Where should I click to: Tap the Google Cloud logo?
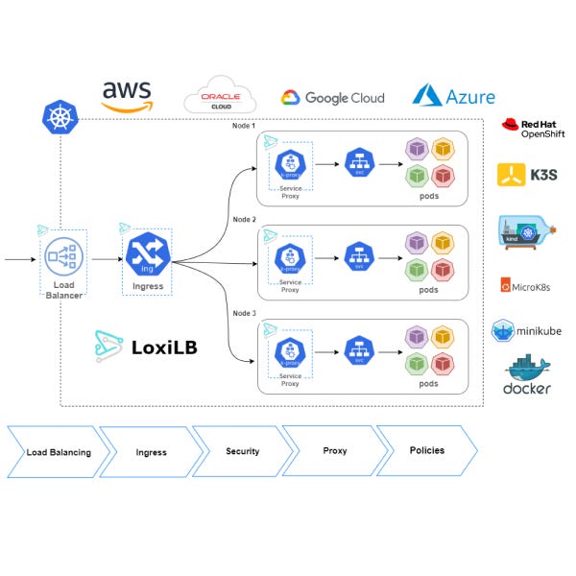tap(332, 98)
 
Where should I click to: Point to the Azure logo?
tap(453, 96)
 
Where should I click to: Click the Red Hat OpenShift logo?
tap(532, 129)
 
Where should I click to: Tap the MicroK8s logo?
tap(525, 285)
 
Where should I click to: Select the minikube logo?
tap(526, 331)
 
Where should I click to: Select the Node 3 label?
tap(246, 313)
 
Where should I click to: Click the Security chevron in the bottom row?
tap(242, 451)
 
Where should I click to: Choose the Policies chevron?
tap(426, 450)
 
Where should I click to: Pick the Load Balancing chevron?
tap(57, 451)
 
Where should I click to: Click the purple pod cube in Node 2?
tap(416, 242)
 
